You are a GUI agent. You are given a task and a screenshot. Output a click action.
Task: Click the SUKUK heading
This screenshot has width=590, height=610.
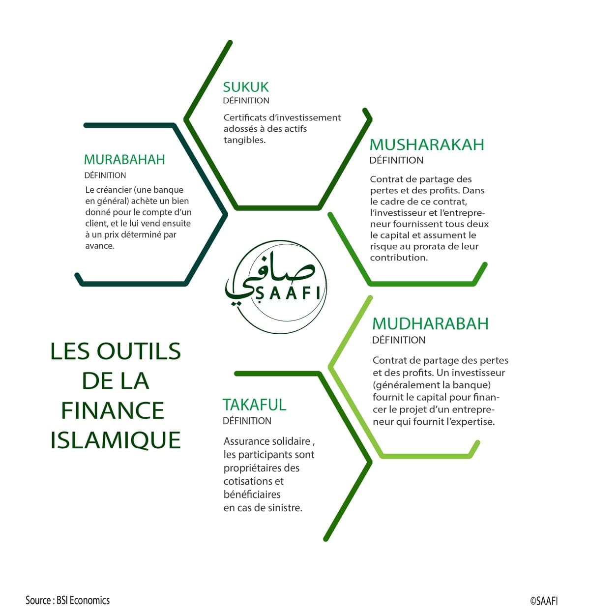[246, 87]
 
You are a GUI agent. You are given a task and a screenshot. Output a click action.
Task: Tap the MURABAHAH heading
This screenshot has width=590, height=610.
[124, 160]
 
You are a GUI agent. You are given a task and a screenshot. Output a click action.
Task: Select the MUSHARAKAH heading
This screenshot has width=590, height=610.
[427, 145]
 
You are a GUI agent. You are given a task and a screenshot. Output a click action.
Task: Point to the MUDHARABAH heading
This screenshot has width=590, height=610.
[430, 323]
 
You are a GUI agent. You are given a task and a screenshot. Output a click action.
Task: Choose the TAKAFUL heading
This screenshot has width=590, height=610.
[254, 405]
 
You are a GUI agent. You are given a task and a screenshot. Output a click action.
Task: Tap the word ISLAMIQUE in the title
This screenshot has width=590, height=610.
[116, 440]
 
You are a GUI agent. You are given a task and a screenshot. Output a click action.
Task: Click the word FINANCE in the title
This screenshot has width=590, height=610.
[113, 411]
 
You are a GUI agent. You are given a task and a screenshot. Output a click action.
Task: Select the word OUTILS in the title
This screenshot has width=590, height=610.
[139, 351]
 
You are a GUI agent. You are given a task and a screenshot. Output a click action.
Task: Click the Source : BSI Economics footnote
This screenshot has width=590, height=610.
[68, 600]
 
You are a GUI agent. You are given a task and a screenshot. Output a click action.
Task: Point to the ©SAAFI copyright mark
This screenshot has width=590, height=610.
[544, 601]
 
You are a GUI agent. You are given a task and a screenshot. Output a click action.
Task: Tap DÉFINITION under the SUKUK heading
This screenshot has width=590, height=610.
[246, 101]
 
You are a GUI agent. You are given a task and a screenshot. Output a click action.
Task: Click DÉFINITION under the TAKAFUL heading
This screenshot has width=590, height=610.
[247, 421]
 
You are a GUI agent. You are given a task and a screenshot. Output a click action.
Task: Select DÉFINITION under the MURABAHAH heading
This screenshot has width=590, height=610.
[105, 175]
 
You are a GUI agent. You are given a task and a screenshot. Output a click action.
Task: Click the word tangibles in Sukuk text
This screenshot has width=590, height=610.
[244, 140]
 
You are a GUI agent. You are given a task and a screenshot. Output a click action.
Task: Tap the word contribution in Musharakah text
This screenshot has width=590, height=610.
[398, 258]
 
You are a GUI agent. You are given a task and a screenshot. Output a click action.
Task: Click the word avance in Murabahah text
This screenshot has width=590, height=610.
[99, 246]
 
